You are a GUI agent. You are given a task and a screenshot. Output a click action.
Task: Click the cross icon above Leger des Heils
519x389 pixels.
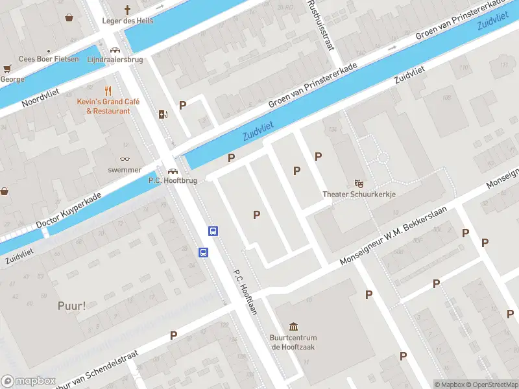coord(128,10)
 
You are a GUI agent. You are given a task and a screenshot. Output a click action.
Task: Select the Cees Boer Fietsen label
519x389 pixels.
coord(49,59)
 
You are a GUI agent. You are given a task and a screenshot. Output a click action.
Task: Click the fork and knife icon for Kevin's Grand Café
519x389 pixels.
coord(108,91)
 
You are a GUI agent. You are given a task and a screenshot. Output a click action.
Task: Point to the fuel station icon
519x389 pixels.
coord(163,115)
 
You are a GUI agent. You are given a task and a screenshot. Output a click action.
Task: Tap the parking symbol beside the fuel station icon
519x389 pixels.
coord(183,105)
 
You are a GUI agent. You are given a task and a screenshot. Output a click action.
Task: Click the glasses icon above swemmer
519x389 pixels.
coord(125,159)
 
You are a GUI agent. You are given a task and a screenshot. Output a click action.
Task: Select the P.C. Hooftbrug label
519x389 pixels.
coord(173,180)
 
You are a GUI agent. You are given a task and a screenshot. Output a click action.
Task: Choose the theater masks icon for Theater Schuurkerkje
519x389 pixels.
coord(359,183)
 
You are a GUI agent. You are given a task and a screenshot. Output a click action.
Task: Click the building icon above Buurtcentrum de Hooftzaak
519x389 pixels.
coord(293,326)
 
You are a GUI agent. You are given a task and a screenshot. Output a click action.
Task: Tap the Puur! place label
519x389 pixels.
coord(71,305)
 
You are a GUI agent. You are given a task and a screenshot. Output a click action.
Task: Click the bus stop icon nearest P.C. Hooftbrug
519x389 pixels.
coord(212,231)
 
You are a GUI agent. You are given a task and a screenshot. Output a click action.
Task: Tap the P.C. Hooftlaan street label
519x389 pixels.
coord(246,292)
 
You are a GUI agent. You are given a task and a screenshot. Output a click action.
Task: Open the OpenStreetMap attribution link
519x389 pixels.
coord(491,384)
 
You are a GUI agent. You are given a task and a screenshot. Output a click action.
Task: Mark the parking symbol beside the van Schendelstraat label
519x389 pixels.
coord(173,335)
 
